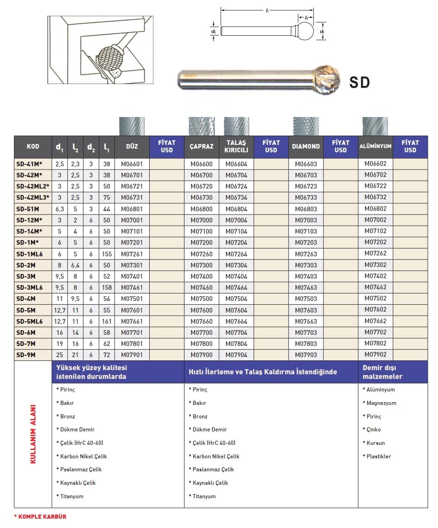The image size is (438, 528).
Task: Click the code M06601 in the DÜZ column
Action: pyautogui.click(x=132, y=164)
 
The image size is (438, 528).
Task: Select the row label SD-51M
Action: pyautogui.click(x=28, y=209)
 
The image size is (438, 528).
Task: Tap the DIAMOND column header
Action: pyautogui.click(x=306, y=146)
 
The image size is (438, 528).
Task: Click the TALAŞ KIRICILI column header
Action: pyautogui.click(x=236, y=146)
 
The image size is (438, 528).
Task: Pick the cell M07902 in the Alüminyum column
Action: pyautogui.click(x=375, y=354)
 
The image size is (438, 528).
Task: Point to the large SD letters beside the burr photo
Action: pyautogui.click(x=360, y=83)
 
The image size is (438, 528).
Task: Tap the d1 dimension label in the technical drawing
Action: pyautogui.click(x=322, y=31)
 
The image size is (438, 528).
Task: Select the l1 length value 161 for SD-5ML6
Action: pyautogui.click(x=107, y=321)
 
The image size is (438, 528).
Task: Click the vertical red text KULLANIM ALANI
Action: pyautogui.click(x=33, y=434)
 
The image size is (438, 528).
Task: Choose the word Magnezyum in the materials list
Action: pyautogui.click(x=381, y=403)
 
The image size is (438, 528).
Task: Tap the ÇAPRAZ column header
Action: pyautogui.click(x=202, y=146)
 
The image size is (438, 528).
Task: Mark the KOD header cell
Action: pyautogui.click(x=33, y=147)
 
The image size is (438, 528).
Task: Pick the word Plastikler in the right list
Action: pyautogui.click(x=379, y=456)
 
